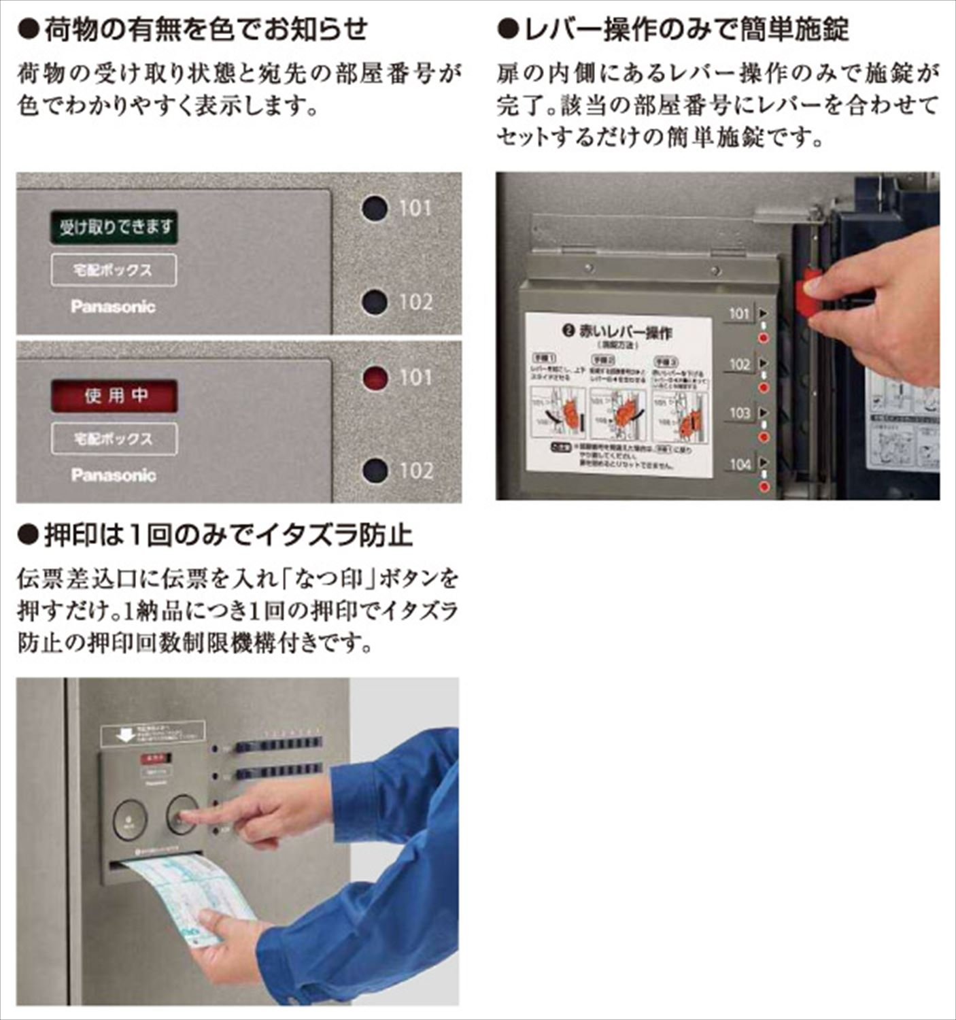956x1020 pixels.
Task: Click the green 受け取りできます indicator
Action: coord(114,227)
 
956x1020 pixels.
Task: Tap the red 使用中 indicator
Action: coord(114,396)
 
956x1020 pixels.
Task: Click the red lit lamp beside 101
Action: coord(375,378)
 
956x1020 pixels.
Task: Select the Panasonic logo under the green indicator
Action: coord(113,307)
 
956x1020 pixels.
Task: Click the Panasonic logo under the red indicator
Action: coord(113,475)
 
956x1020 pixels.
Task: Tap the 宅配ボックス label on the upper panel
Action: coord(114,270)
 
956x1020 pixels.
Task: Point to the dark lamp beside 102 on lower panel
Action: coord(375,470)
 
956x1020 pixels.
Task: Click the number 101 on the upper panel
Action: coord(415,207)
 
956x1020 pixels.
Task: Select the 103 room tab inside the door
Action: coord(740,413)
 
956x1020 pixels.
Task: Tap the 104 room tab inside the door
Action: coord(740,464)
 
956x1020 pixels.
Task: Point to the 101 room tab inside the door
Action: coord(740,313)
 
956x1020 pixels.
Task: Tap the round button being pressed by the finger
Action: coord(182,814)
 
